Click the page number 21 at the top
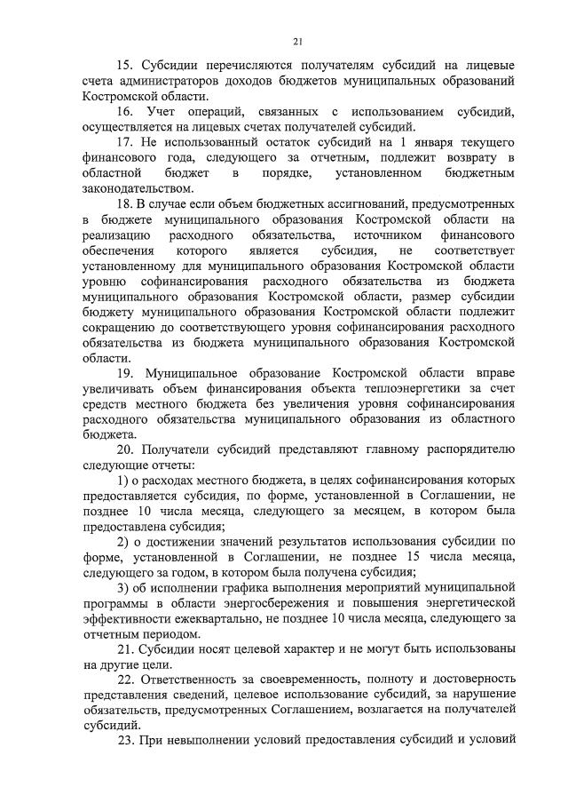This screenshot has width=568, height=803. [x=298, y=40]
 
